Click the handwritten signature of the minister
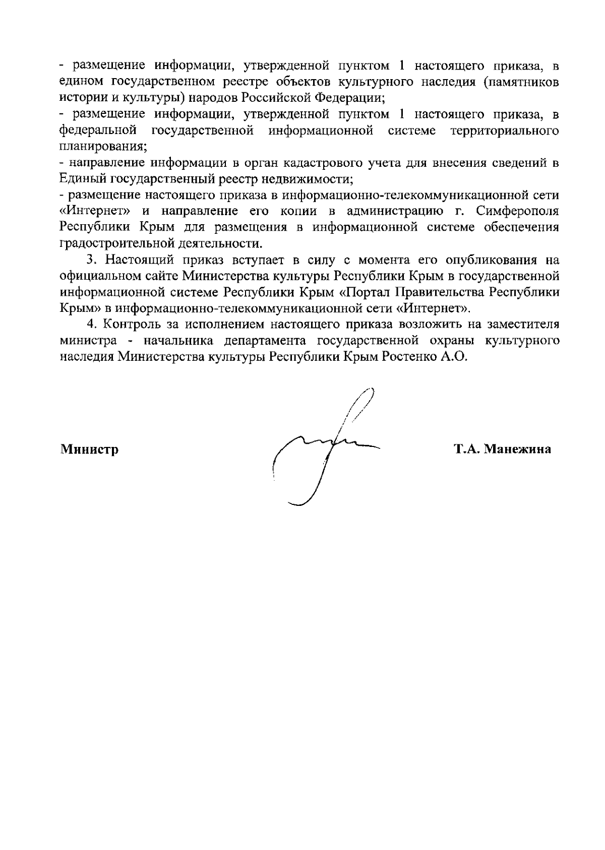pyautogui.click(x=323, y=446)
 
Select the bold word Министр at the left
pyautogui.click(x=90, y=449)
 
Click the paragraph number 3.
pyautogui.click(x=91, y=260)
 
